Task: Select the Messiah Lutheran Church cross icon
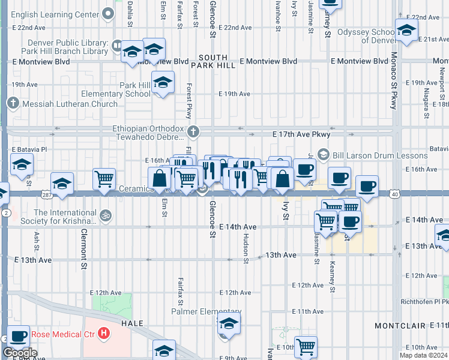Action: [x=13, y=103]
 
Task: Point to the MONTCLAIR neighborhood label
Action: [x=400, y=325]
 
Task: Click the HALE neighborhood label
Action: [x=132, y=323]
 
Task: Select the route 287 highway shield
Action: [x=46, y=194]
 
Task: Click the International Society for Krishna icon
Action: [x=106, y=214]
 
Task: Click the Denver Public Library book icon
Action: [x=117, y=46]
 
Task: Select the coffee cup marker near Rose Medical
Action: [x=18, y=337]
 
